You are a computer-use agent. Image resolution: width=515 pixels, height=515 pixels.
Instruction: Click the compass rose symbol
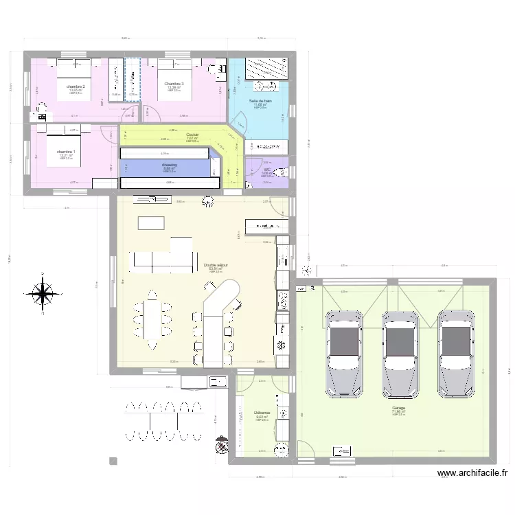(x=43, y=294)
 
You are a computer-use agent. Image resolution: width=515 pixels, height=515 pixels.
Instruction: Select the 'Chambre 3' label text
(x=173, y=84)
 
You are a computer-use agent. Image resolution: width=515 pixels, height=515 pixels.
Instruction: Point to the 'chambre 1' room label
(x=67, y=152)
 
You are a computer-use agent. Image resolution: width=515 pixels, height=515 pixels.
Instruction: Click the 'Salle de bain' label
(x=260, y=101)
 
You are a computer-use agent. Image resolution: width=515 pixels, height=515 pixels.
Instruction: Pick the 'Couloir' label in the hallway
(x=192, y=135)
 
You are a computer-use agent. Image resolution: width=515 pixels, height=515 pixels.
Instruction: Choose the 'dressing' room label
(x=170, y=165)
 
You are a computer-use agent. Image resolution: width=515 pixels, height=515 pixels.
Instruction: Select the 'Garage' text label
(x=399, y=409)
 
